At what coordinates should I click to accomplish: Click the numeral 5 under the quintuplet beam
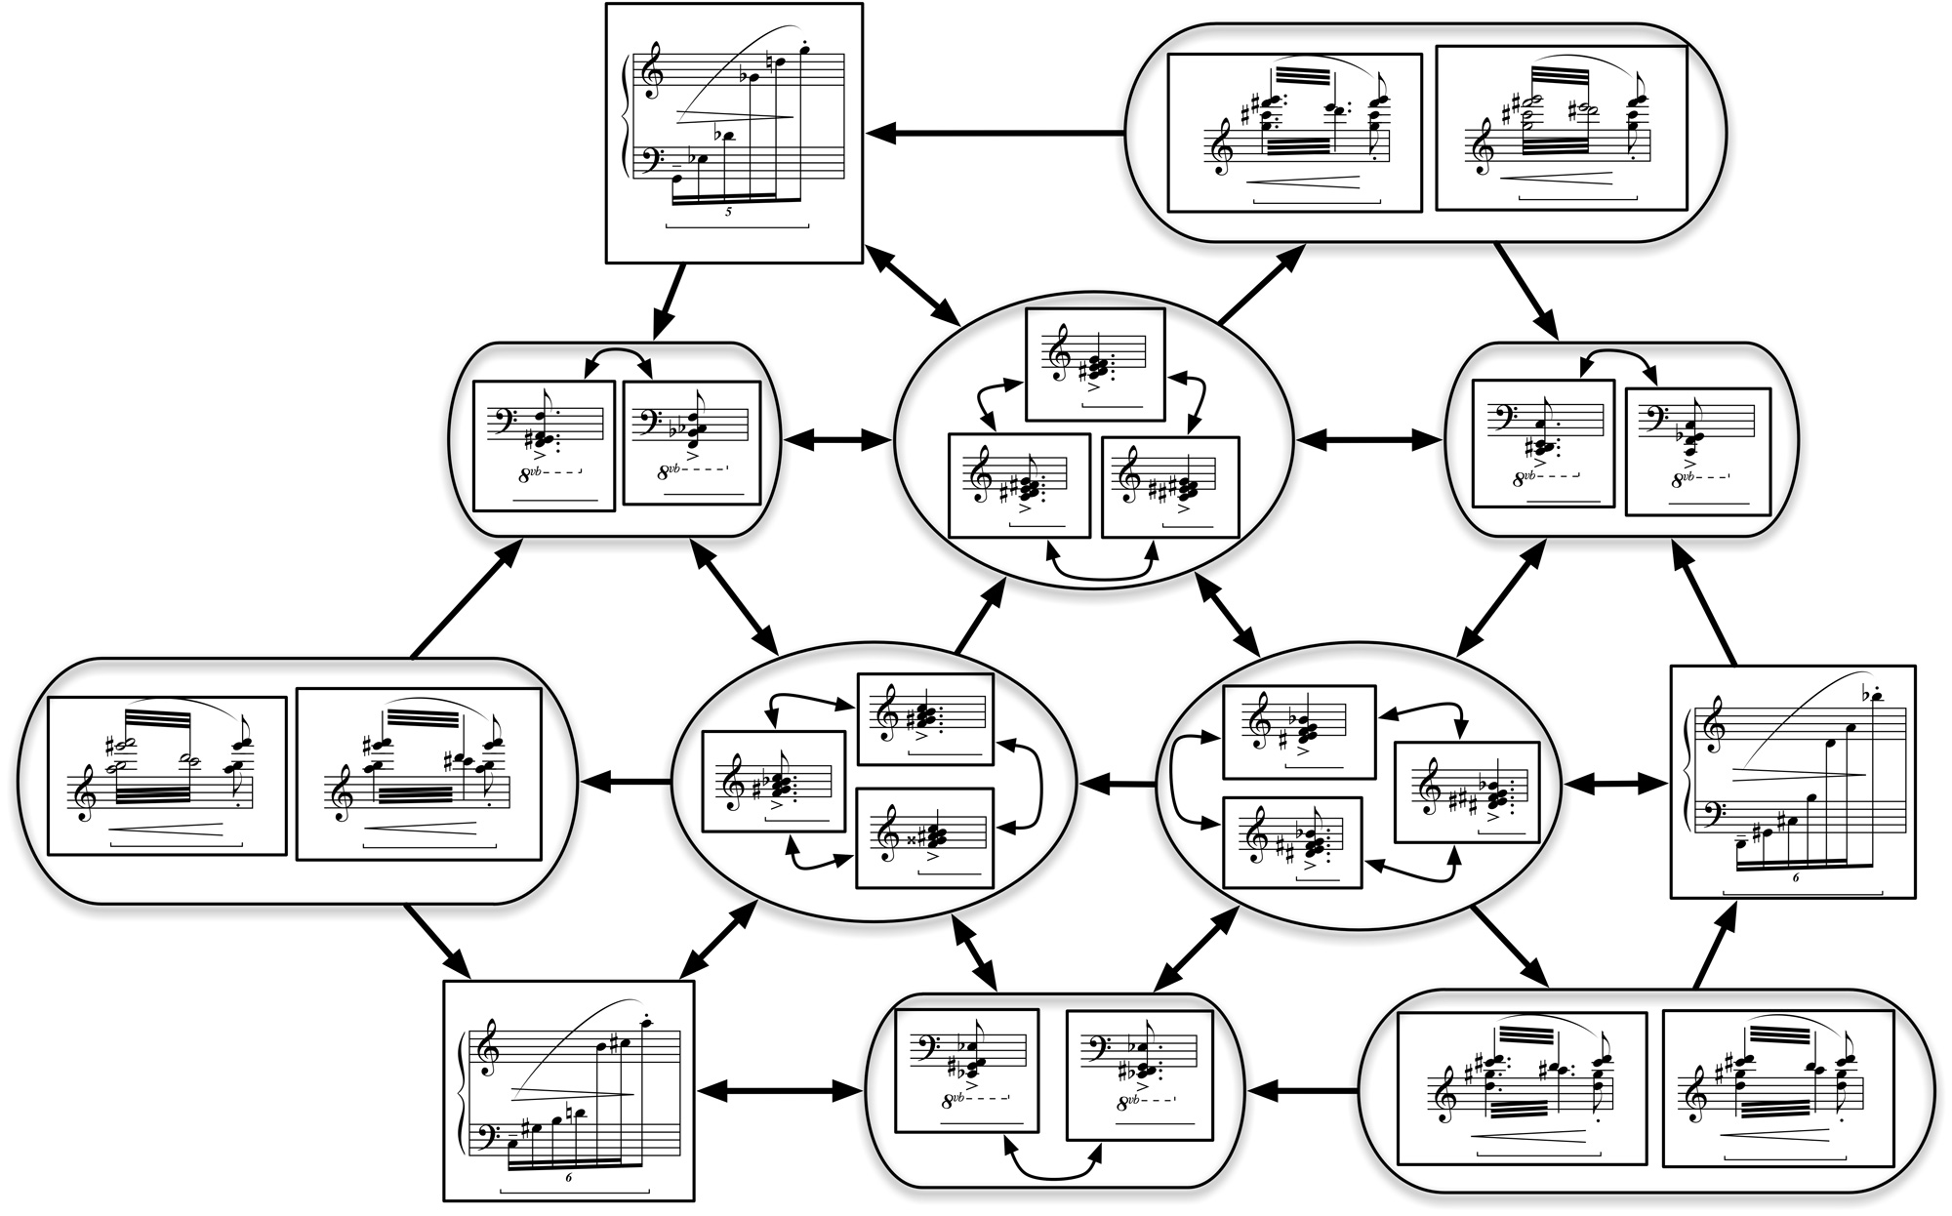(728, 212)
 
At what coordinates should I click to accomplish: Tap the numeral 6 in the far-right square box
(1795, 877)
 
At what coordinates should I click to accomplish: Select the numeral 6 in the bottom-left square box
(568, 1178)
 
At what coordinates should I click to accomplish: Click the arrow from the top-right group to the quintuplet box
(996, 133)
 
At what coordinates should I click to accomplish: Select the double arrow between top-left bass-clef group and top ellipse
(837, 441)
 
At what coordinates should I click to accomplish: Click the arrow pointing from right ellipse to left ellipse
(1117, 783)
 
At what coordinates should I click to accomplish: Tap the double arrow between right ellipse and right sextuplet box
(1615, 783)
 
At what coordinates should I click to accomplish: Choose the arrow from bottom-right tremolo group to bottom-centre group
(1302, 1089)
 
